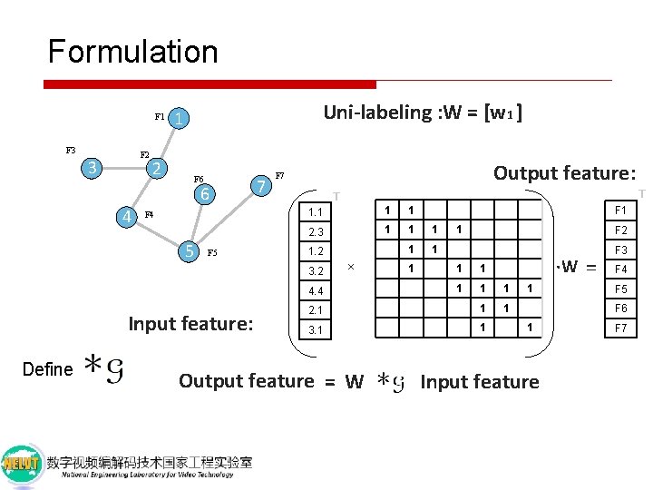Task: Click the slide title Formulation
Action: click(132, 52)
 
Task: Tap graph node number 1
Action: click(181, 119)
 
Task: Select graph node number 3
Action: click(90, 168)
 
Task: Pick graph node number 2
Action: click(157, 169)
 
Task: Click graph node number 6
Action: click(206, 194)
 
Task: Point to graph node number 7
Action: click(261, 186)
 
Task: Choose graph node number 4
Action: click(130, 216)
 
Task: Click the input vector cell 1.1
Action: click(316, 212)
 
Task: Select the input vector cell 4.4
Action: click(316, 291)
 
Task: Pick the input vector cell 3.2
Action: click(316, 270)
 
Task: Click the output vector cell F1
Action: click(622, 211)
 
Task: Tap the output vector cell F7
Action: click(622, 327)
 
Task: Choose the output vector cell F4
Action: click(622, 269)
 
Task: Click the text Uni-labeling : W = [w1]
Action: click(423, 113)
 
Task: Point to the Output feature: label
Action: click(563, 172)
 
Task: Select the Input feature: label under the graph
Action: click(190, 323)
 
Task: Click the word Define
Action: click(47, 369)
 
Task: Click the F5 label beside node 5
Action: click(214, 253)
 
